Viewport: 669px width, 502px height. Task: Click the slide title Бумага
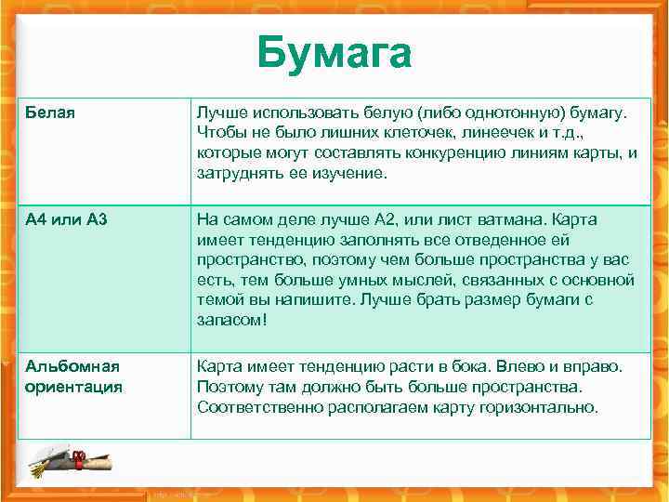pyautogui.click(x=334, y=53)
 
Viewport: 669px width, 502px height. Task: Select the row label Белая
pyautogui.click(x=48, y=112)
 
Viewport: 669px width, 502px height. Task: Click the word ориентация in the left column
pyautogui.click(x=73, y=387)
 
